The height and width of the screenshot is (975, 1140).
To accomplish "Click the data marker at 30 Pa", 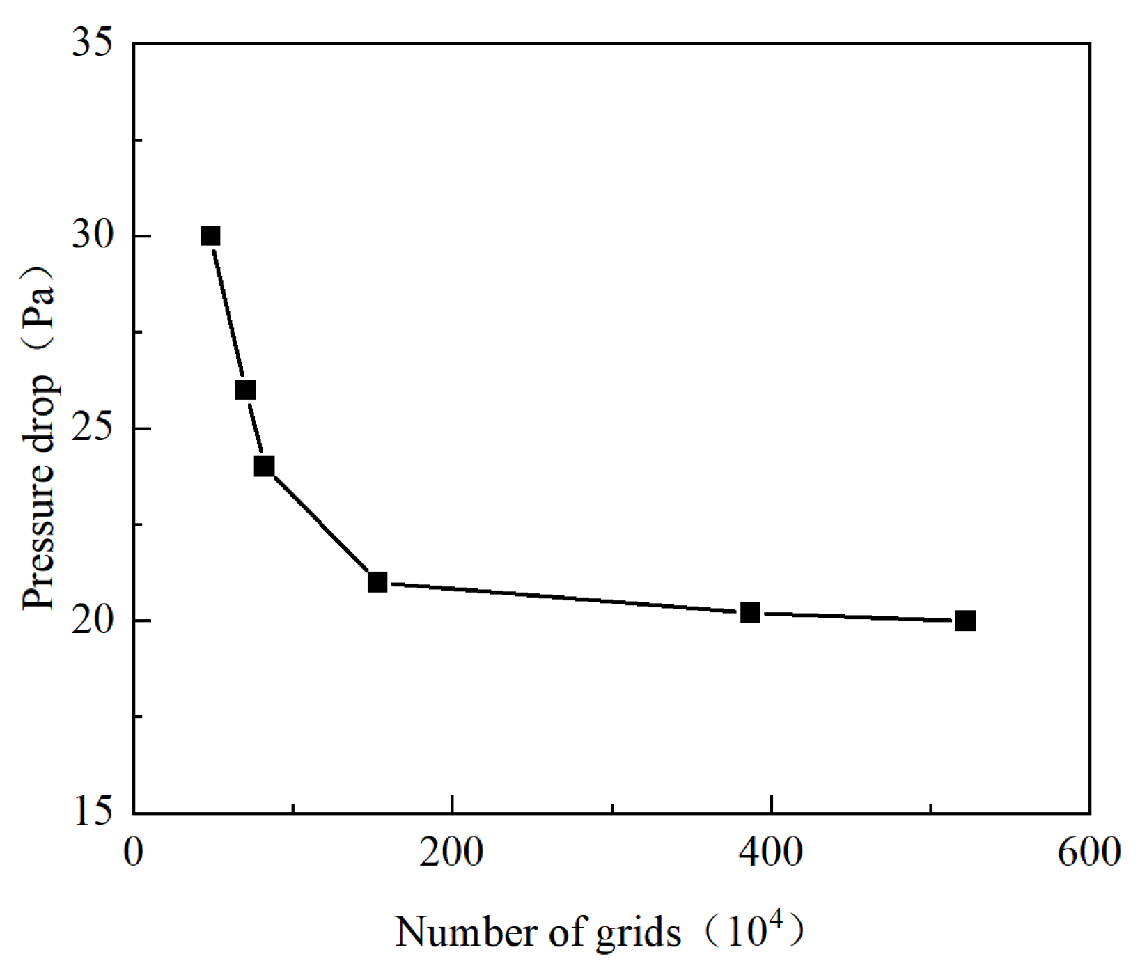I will click(x=210, y=236).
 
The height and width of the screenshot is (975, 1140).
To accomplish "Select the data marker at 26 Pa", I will click(x=245, y=390).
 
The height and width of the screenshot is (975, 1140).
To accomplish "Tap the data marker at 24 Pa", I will click(x=264, y=467).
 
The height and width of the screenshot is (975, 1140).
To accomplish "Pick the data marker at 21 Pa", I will click(x=377, y=582).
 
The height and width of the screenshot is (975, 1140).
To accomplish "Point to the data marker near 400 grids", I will click(x=750, y=613).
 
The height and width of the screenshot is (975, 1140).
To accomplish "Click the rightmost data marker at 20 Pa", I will click(x=965, y=621).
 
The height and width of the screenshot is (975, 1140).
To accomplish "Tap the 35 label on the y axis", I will click(x=93, y=43).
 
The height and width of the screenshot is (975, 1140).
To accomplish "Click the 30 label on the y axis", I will click(x=93, y=236).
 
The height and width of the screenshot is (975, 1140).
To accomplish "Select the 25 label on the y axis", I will click(x=93, y=428).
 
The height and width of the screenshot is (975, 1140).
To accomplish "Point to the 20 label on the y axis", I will click(x=93, y=621).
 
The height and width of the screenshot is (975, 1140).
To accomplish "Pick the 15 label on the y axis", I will click(x=93, y=812).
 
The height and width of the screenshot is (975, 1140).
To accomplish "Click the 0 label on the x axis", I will click(x=134, y=852).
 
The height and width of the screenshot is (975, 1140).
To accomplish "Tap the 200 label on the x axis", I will click(x=452, y=852).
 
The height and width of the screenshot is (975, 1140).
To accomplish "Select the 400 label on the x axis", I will click(x=771, y=852).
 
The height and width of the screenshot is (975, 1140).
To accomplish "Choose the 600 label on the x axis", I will click(x=1089, y=852).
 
